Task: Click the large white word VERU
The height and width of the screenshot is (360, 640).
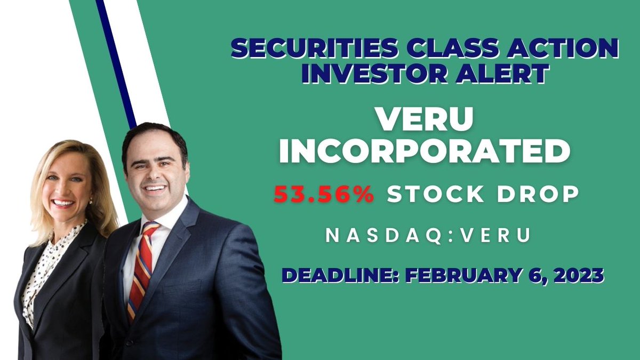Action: tap(425, 121)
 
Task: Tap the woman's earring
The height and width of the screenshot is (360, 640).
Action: tap(90, 202)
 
